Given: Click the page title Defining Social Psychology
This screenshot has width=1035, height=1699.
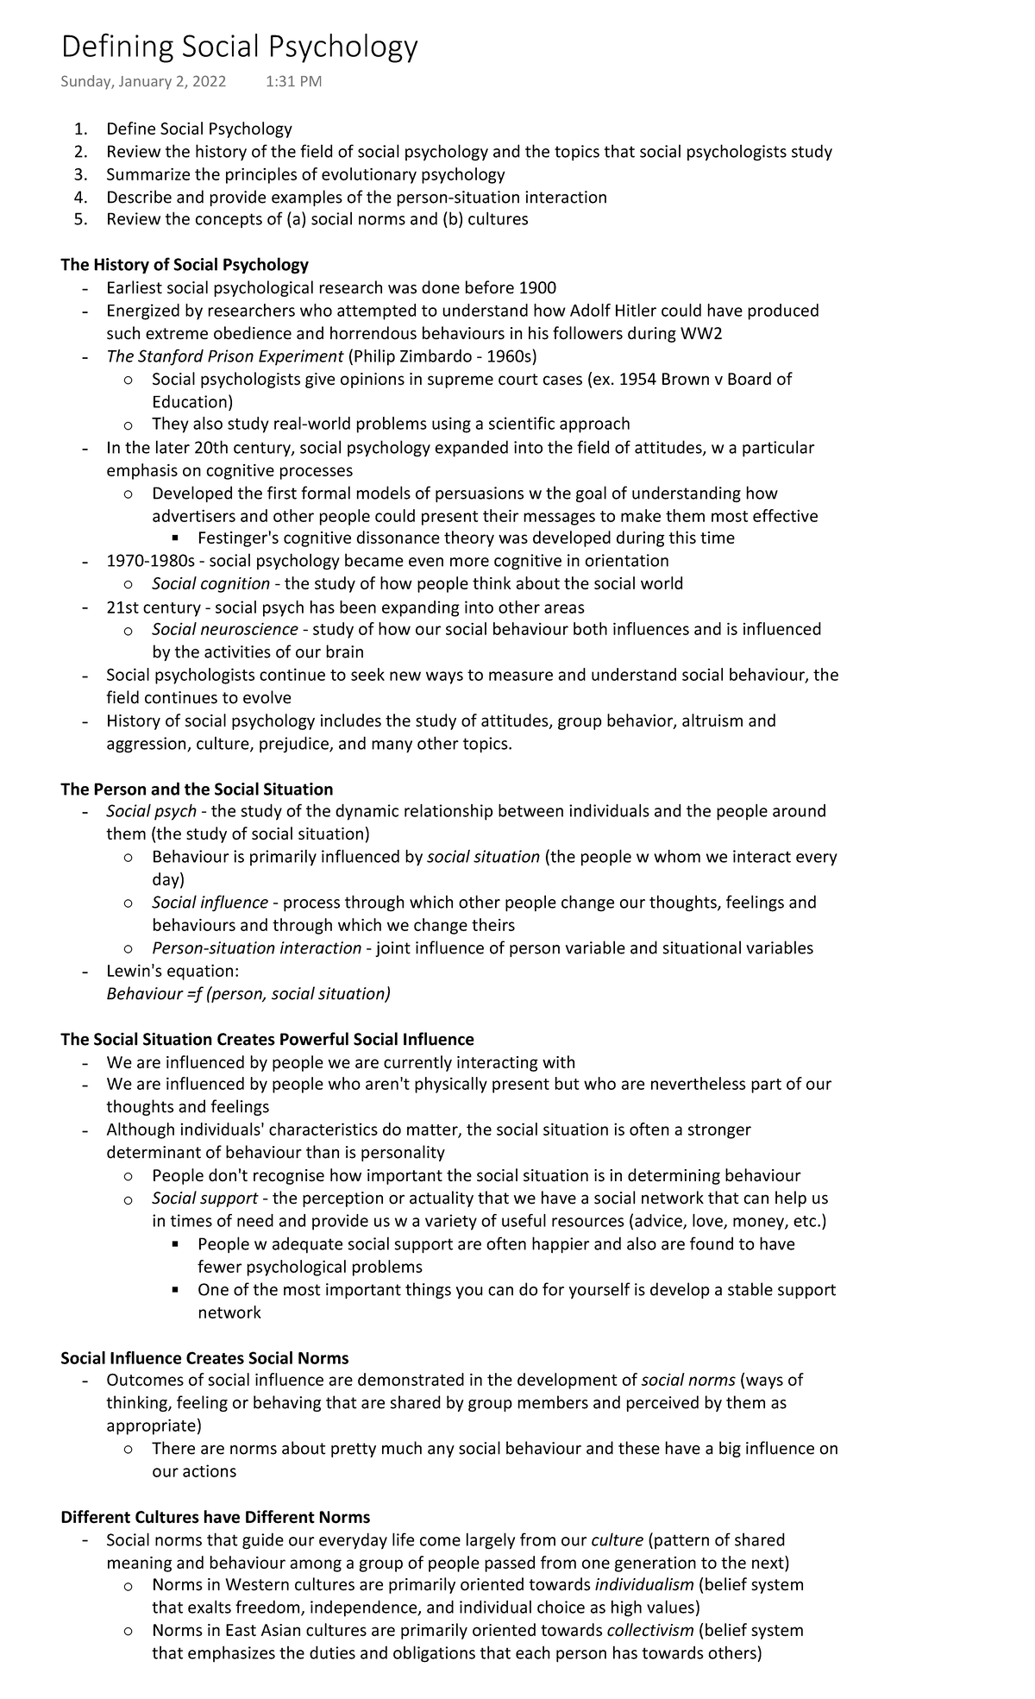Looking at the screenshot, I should [x=239, y=47].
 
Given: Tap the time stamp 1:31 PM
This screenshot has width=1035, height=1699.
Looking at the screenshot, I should [x=293, y=82].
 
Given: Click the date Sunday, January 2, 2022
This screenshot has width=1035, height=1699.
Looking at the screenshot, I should [x=143, y=82].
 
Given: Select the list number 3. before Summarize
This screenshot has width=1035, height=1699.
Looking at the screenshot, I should [x=80, y=174].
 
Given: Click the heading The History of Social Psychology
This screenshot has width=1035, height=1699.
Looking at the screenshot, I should [x=184, y=264].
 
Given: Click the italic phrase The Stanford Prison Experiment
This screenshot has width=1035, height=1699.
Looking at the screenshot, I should [x=224, y=356].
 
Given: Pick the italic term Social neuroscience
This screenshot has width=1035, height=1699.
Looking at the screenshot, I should [x=224, y=629].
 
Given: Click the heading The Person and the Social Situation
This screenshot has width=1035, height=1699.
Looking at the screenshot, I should [x=197, y=789].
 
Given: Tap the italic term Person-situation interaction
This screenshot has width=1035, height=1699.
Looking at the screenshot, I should [x=256, y=948].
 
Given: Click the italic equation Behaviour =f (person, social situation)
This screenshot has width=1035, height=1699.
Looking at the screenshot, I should [x=248, y=994].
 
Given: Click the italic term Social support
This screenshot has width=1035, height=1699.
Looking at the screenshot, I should [x=204, y=1198].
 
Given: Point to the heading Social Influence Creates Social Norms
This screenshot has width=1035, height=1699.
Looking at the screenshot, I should [x=204, y=1357].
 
